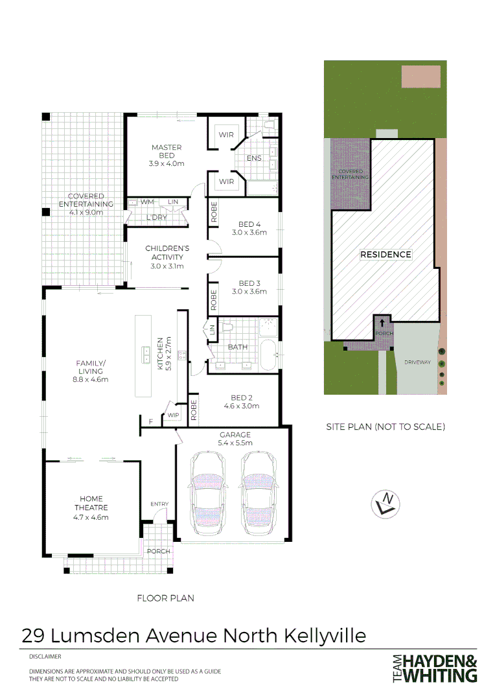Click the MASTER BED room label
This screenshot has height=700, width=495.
pos(167,156)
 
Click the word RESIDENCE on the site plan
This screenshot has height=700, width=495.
pos(386,255)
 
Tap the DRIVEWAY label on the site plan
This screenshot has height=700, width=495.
pos(417,362)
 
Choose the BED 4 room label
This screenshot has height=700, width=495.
pos(249,228)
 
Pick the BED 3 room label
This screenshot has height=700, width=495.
pos(249,287)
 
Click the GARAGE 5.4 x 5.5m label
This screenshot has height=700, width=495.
pos(234,439)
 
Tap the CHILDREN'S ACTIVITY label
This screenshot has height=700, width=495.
pos(167,257)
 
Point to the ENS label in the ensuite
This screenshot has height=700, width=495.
pos(253,158)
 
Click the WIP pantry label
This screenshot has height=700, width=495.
pos(173,415)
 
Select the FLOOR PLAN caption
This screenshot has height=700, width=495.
pos(165,598)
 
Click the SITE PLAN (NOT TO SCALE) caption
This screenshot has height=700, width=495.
pos(385,426)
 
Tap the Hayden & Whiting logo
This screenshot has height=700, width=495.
pos(435,668)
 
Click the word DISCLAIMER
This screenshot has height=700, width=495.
pos(45,657)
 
